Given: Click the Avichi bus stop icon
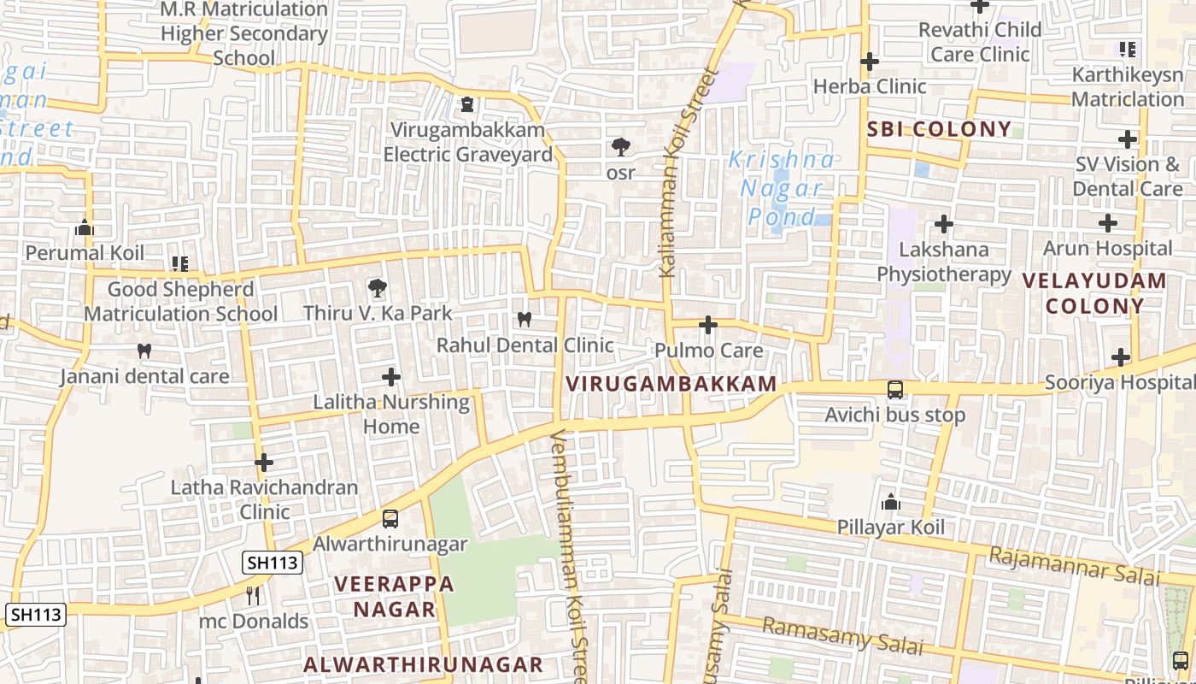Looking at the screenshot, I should click(x=894, y=390).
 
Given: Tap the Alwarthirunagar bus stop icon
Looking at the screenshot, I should click(x=390, y=518).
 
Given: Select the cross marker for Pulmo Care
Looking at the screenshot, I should click(x=707, y=325).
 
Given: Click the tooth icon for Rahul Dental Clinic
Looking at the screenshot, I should click(x=525, y=320).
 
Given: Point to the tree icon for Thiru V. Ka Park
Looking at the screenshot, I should click(x=376, y=288).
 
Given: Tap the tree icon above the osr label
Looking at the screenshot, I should click(x=621, y=147).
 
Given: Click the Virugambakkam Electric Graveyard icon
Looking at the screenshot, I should click(x=467, y=105).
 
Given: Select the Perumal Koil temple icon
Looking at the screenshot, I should click(x=84, y=228).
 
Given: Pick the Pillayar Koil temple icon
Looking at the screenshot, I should click(x=891, y=502).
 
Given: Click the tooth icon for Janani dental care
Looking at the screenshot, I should click(x=144, y=351).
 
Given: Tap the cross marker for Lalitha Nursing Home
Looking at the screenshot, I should click(x=390, y=376).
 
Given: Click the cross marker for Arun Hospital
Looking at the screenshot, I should click(x=1107, y=224).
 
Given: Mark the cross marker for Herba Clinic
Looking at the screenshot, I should click(x=870, y=62).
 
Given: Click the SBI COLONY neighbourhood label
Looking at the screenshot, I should click(x=939, y=130).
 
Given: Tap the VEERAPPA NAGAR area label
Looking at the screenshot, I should click(x=394, y=597).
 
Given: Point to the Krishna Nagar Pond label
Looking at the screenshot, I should click(x=781, y=188).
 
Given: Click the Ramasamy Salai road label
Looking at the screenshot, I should click(x=842, y=637).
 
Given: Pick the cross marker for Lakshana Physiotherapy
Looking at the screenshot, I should click(x=943, y=224).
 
